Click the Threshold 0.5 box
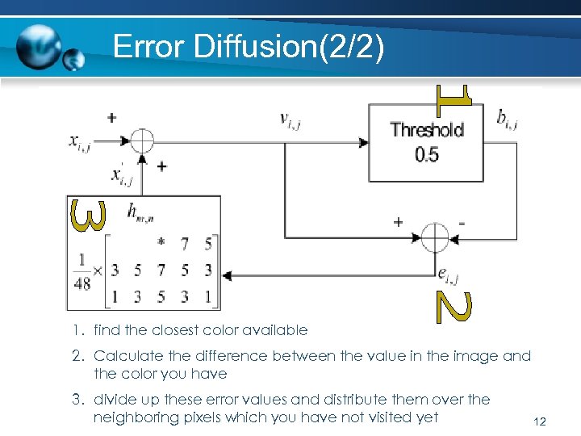[427, 141]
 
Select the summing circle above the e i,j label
[435, 237]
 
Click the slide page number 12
[541, 421]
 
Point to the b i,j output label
[507, 120]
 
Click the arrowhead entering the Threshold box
[364, 142]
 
